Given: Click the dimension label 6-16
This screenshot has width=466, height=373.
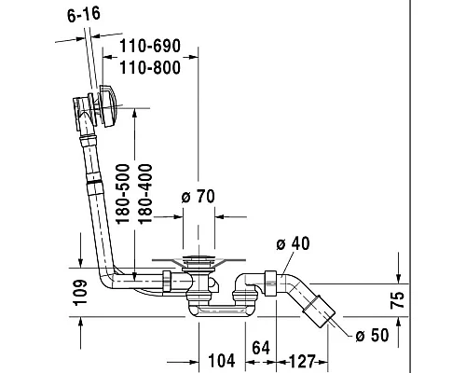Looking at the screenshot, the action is pyautogui.click(x=84, y=15).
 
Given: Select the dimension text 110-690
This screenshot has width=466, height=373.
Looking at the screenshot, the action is pyautogui.click(x=150, y=46).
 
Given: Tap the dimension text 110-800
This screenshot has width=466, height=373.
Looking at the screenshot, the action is pyautogui.click(x=150, y=68).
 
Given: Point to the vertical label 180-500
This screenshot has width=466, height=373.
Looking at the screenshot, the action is pyautogui.click(x=122, y=194).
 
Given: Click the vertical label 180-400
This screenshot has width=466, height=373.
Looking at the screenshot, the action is pyautogui.click(x=144, y=194).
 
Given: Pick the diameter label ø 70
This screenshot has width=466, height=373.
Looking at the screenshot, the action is pyautogui.click(x=199, y=197).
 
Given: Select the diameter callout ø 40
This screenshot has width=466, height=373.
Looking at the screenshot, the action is pyautogui.click(x=293, y=243).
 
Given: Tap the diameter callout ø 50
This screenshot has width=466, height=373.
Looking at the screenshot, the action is pyautogui.click(x=372, y=336).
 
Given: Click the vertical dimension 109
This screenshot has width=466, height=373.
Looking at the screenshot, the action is pyautogui.click(x=80, y=293).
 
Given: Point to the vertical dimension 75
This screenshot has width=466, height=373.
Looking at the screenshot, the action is pyautogui.click(x=398, y=300).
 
